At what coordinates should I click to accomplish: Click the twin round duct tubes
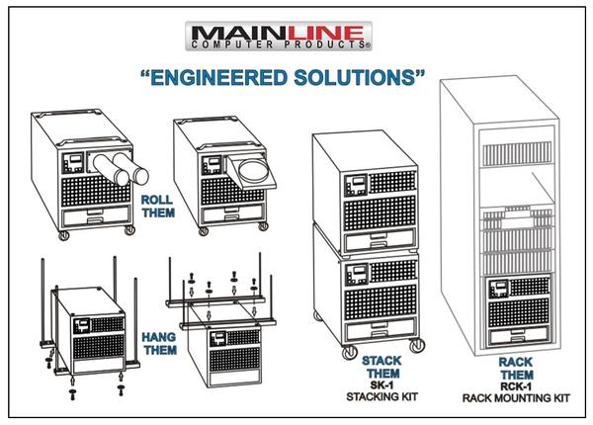(120, 165)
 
